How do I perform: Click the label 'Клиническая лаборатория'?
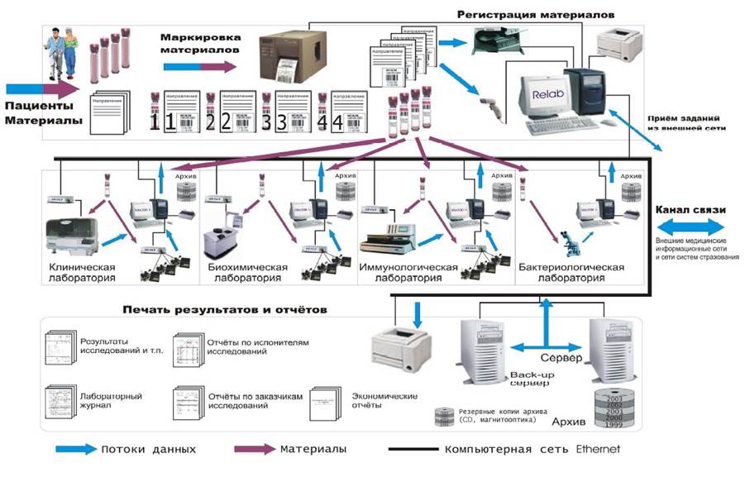point(82,273)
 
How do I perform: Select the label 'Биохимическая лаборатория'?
point(246,273)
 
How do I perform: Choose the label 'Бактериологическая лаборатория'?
point(571,273)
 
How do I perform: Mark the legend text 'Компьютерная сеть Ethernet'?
point(531,450)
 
